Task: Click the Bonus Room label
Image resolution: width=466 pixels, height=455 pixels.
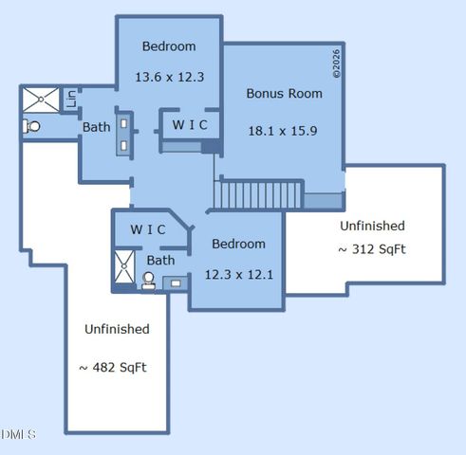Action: [x=284, y=94]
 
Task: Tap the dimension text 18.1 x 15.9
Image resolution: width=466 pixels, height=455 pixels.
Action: [x=284, y=131]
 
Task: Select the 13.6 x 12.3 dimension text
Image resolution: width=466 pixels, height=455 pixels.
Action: [x=168, y=77]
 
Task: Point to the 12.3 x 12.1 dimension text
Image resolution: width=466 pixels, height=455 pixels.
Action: [x=238, y=275]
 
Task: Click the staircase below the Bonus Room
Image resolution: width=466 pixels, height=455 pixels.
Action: [x=257, y=195]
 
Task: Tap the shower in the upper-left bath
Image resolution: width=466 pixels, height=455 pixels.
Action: [x=41, y=99]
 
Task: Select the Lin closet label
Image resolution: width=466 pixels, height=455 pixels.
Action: [x=70, y=99]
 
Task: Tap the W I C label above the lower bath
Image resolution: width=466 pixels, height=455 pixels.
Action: [x=148, y=229]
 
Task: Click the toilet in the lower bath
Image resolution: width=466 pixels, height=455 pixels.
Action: [x=149, y=281]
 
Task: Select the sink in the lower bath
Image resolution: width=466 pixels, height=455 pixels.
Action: [x=175, y=282]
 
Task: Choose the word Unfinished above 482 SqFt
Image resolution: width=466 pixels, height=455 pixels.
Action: [x=117, y=329]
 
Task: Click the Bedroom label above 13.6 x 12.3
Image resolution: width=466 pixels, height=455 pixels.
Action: [x=169, y=46]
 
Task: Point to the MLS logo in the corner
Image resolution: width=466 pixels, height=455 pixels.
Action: [x=18, y=434]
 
